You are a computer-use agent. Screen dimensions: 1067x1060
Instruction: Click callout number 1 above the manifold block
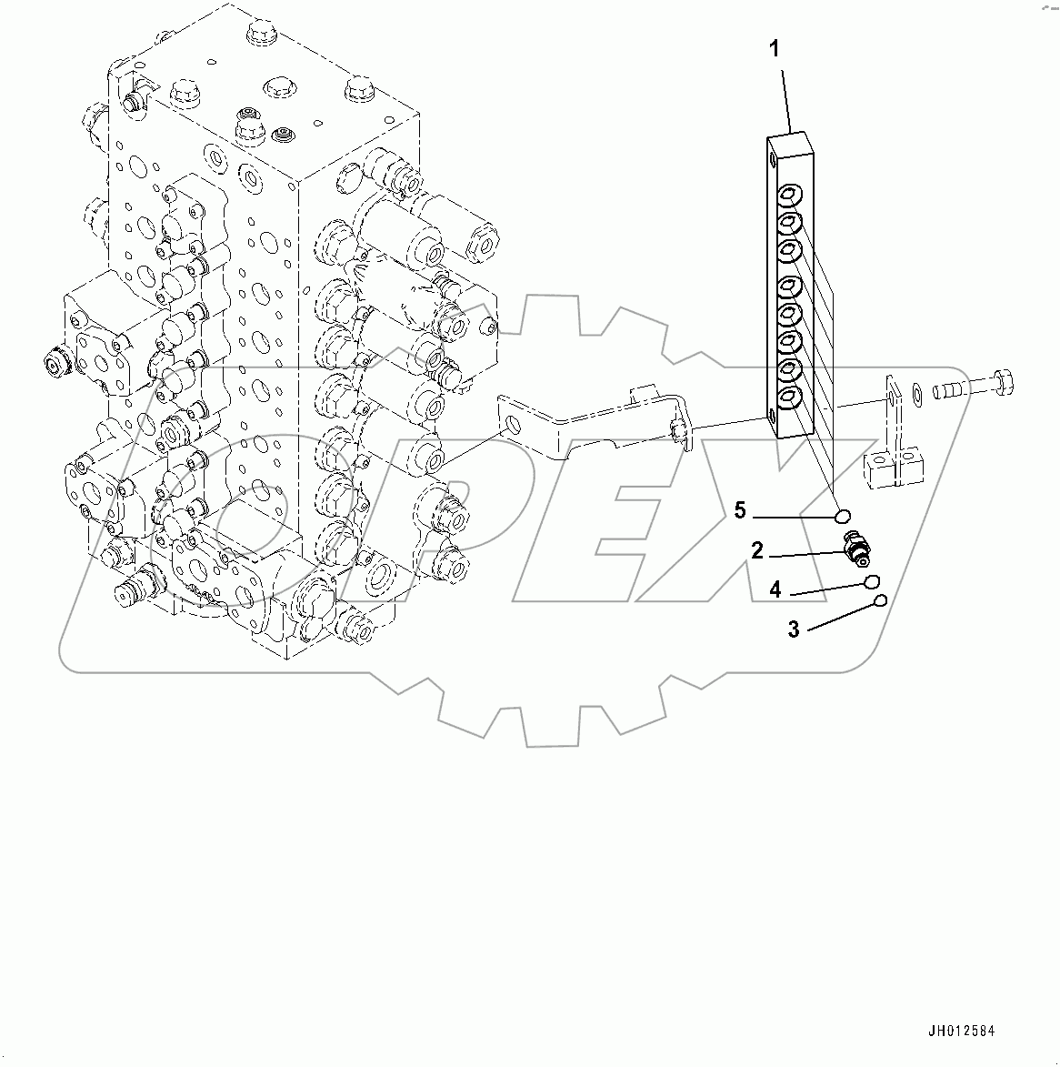pos(775,49)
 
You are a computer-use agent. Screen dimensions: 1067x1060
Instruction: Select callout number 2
pos(756,549)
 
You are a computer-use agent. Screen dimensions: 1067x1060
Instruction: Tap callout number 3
pos(794,629)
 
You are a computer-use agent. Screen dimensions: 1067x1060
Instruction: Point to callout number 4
pos(775,589)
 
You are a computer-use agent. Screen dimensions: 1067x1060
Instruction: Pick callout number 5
pos(740,511)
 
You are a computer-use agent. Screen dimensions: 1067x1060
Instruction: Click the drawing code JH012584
pos(961,1032)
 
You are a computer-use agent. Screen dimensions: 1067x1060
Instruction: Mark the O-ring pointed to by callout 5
pos(842,517)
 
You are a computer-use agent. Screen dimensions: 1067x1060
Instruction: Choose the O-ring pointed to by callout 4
pos(871,581)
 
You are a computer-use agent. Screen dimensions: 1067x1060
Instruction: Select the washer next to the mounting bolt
pos(917,393)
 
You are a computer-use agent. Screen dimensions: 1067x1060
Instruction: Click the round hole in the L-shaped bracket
pos(515,424)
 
